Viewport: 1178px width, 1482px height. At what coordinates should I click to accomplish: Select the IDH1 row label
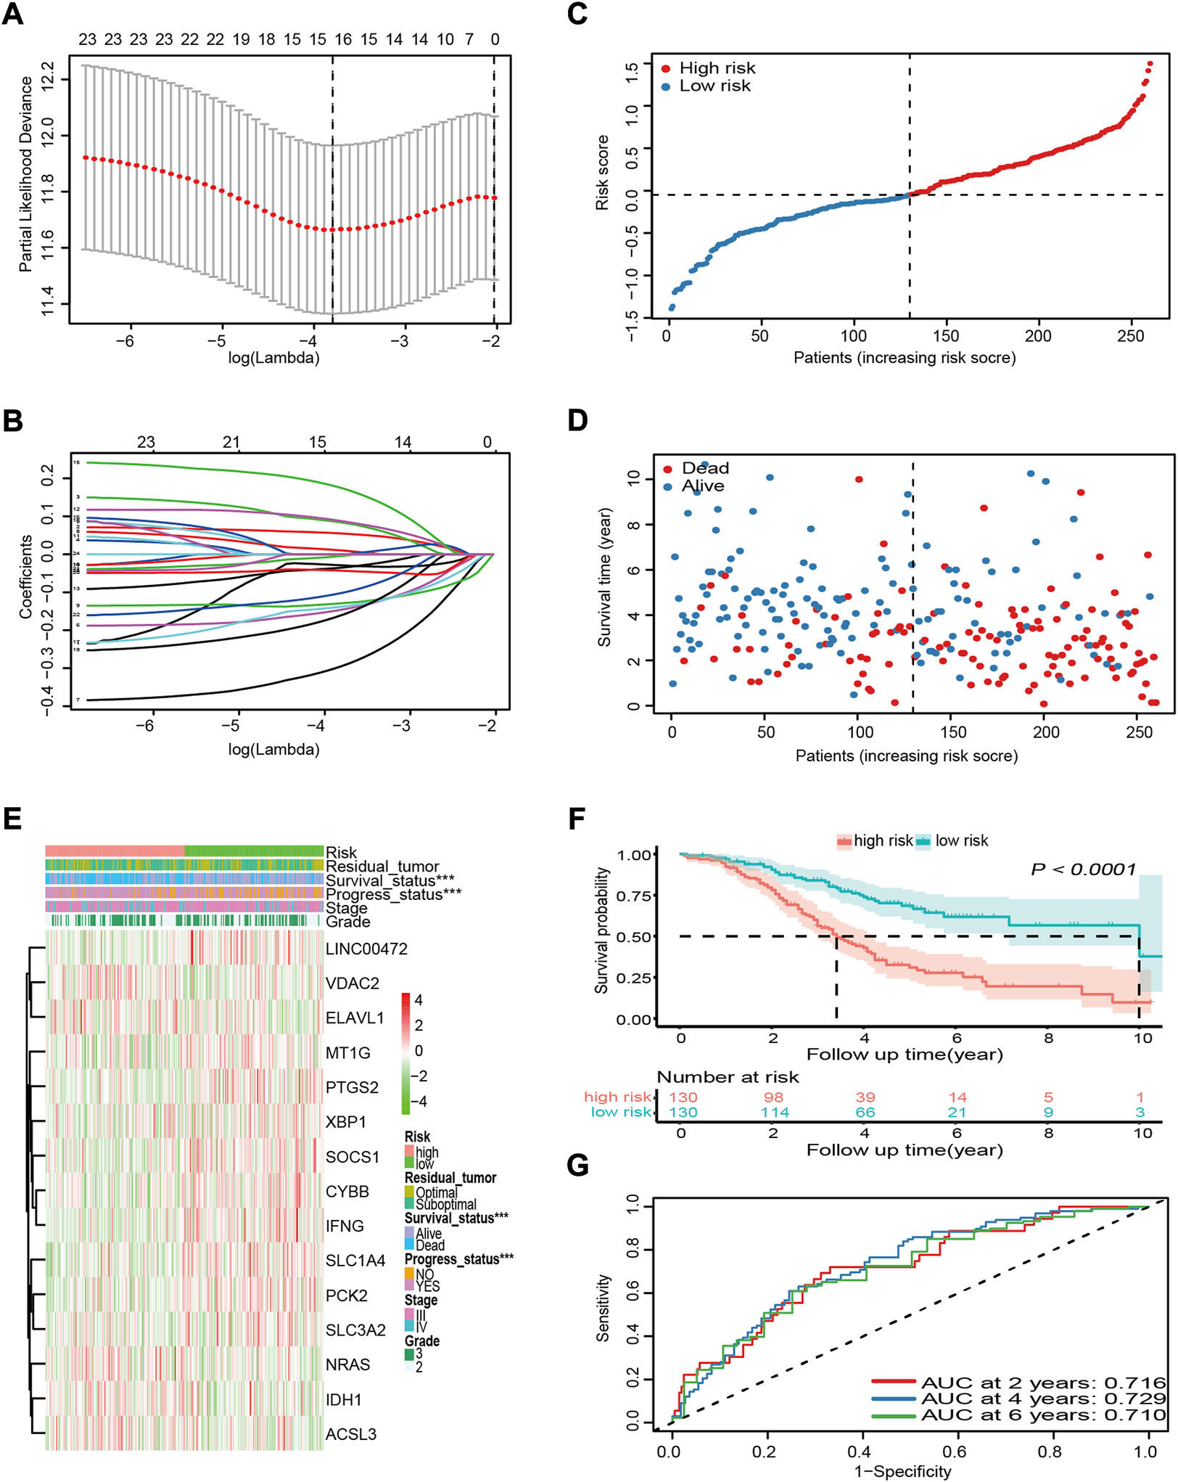pyautogui.click(x=343, y=1399)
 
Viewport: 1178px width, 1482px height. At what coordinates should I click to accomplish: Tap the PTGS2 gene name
pyautogui.click(x=352, y=1087)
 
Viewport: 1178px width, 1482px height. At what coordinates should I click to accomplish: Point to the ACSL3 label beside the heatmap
pyautogui.click(x=350, y=1434)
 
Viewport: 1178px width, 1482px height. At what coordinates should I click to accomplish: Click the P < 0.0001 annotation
pyautogui.click(x=1083, y=869)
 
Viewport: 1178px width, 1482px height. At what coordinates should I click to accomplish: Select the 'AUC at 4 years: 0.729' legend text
pyautogui.click(x=1043, y=1399)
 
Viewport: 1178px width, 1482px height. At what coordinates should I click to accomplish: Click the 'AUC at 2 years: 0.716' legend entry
pyautogui.click(x=1043, y=1383)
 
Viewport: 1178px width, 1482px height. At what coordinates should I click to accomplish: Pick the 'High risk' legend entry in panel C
pyautogui.click(x=717, y=68)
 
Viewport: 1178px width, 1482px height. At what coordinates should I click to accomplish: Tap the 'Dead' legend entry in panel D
pyautogui.click(x=705, y=468)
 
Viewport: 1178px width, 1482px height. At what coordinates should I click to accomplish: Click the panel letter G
pyautogui.click(x=577, y=1165)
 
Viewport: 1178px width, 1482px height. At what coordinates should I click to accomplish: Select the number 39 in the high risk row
pyautogui.click(x=865, y=1097)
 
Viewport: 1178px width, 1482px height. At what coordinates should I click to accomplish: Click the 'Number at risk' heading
pyautogui.click(x=728, y=1077)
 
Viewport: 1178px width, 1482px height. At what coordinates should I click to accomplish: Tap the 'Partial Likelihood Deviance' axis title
pyautogui.click(x=26, y=174)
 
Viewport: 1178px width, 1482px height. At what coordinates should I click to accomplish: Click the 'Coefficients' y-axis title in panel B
pyautogui.click(x=26, y=577)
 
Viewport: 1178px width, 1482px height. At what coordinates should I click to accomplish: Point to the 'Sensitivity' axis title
pyautogui.click(x=603, y=1308)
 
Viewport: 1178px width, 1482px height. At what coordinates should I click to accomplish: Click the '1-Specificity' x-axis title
pyautogui.click(x=902, y=1471)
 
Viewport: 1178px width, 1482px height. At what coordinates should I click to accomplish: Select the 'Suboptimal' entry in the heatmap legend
pyautogui.click(x=445, y=1205)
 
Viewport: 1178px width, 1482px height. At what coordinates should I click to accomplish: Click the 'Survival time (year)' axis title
pyautogui.click(x=604, y=577)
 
